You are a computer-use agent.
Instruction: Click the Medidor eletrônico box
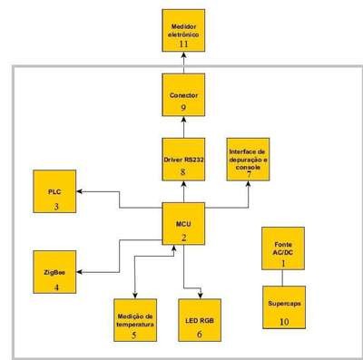183,31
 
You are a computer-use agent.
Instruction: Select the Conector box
183,95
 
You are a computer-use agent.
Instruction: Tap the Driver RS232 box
183,160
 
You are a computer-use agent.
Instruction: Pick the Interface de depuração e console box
248,160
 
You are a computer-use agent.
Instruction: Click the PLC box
54,191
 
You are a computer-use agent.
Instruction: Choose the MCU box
183,224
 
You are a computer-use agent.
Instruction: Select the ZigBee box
54,272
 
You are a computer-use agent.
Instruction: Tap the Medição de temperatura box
135,320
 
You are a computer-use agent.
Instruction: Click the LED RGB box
200,320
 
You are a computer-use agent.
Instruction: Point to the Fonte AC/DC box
283,248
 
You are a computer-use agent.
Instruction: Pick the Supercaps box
284,307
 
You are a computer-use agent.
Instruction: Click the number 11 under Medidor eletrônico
183,44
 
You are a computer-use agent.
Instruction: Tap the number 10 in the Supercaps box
284,322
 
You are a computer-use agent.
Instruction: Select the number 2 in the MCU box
183,238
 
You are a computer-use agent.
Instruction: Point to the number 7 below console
249,174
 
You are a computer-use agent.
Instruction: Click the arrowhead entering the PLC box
80,191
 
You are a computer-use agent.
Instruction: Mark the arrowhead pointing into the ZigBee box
80,272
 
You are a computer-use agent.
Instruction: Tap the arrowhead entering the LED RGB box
200,296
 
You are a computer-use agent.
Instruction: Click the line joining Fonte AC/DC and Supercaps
282,277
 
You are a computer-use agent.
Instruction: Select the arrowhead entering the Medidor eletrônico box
183,55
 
